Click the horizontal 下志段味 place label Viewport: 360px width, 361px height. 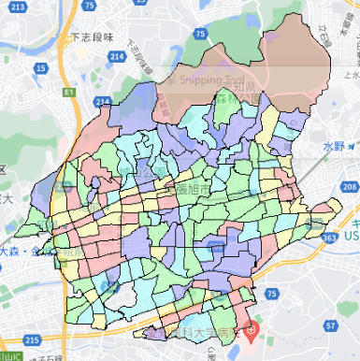click(91, 38)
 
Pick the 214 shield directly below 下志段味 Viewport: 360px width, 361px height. click(117, 57)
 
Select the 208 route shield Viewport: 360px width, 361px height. click(350, 187)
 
